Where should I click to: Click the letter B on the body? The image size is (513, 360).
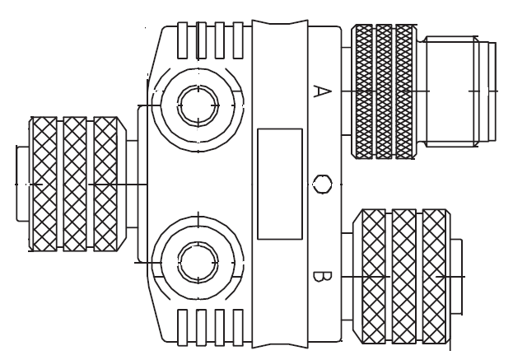coord(315,274)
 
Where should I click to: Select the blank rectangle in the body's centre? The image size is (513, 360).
coord(279,183)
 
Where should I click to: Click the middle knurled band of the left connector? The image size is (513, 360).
coord(77,183)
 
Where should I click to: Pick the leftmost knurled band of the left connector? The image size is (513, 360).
coord(45,183)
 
